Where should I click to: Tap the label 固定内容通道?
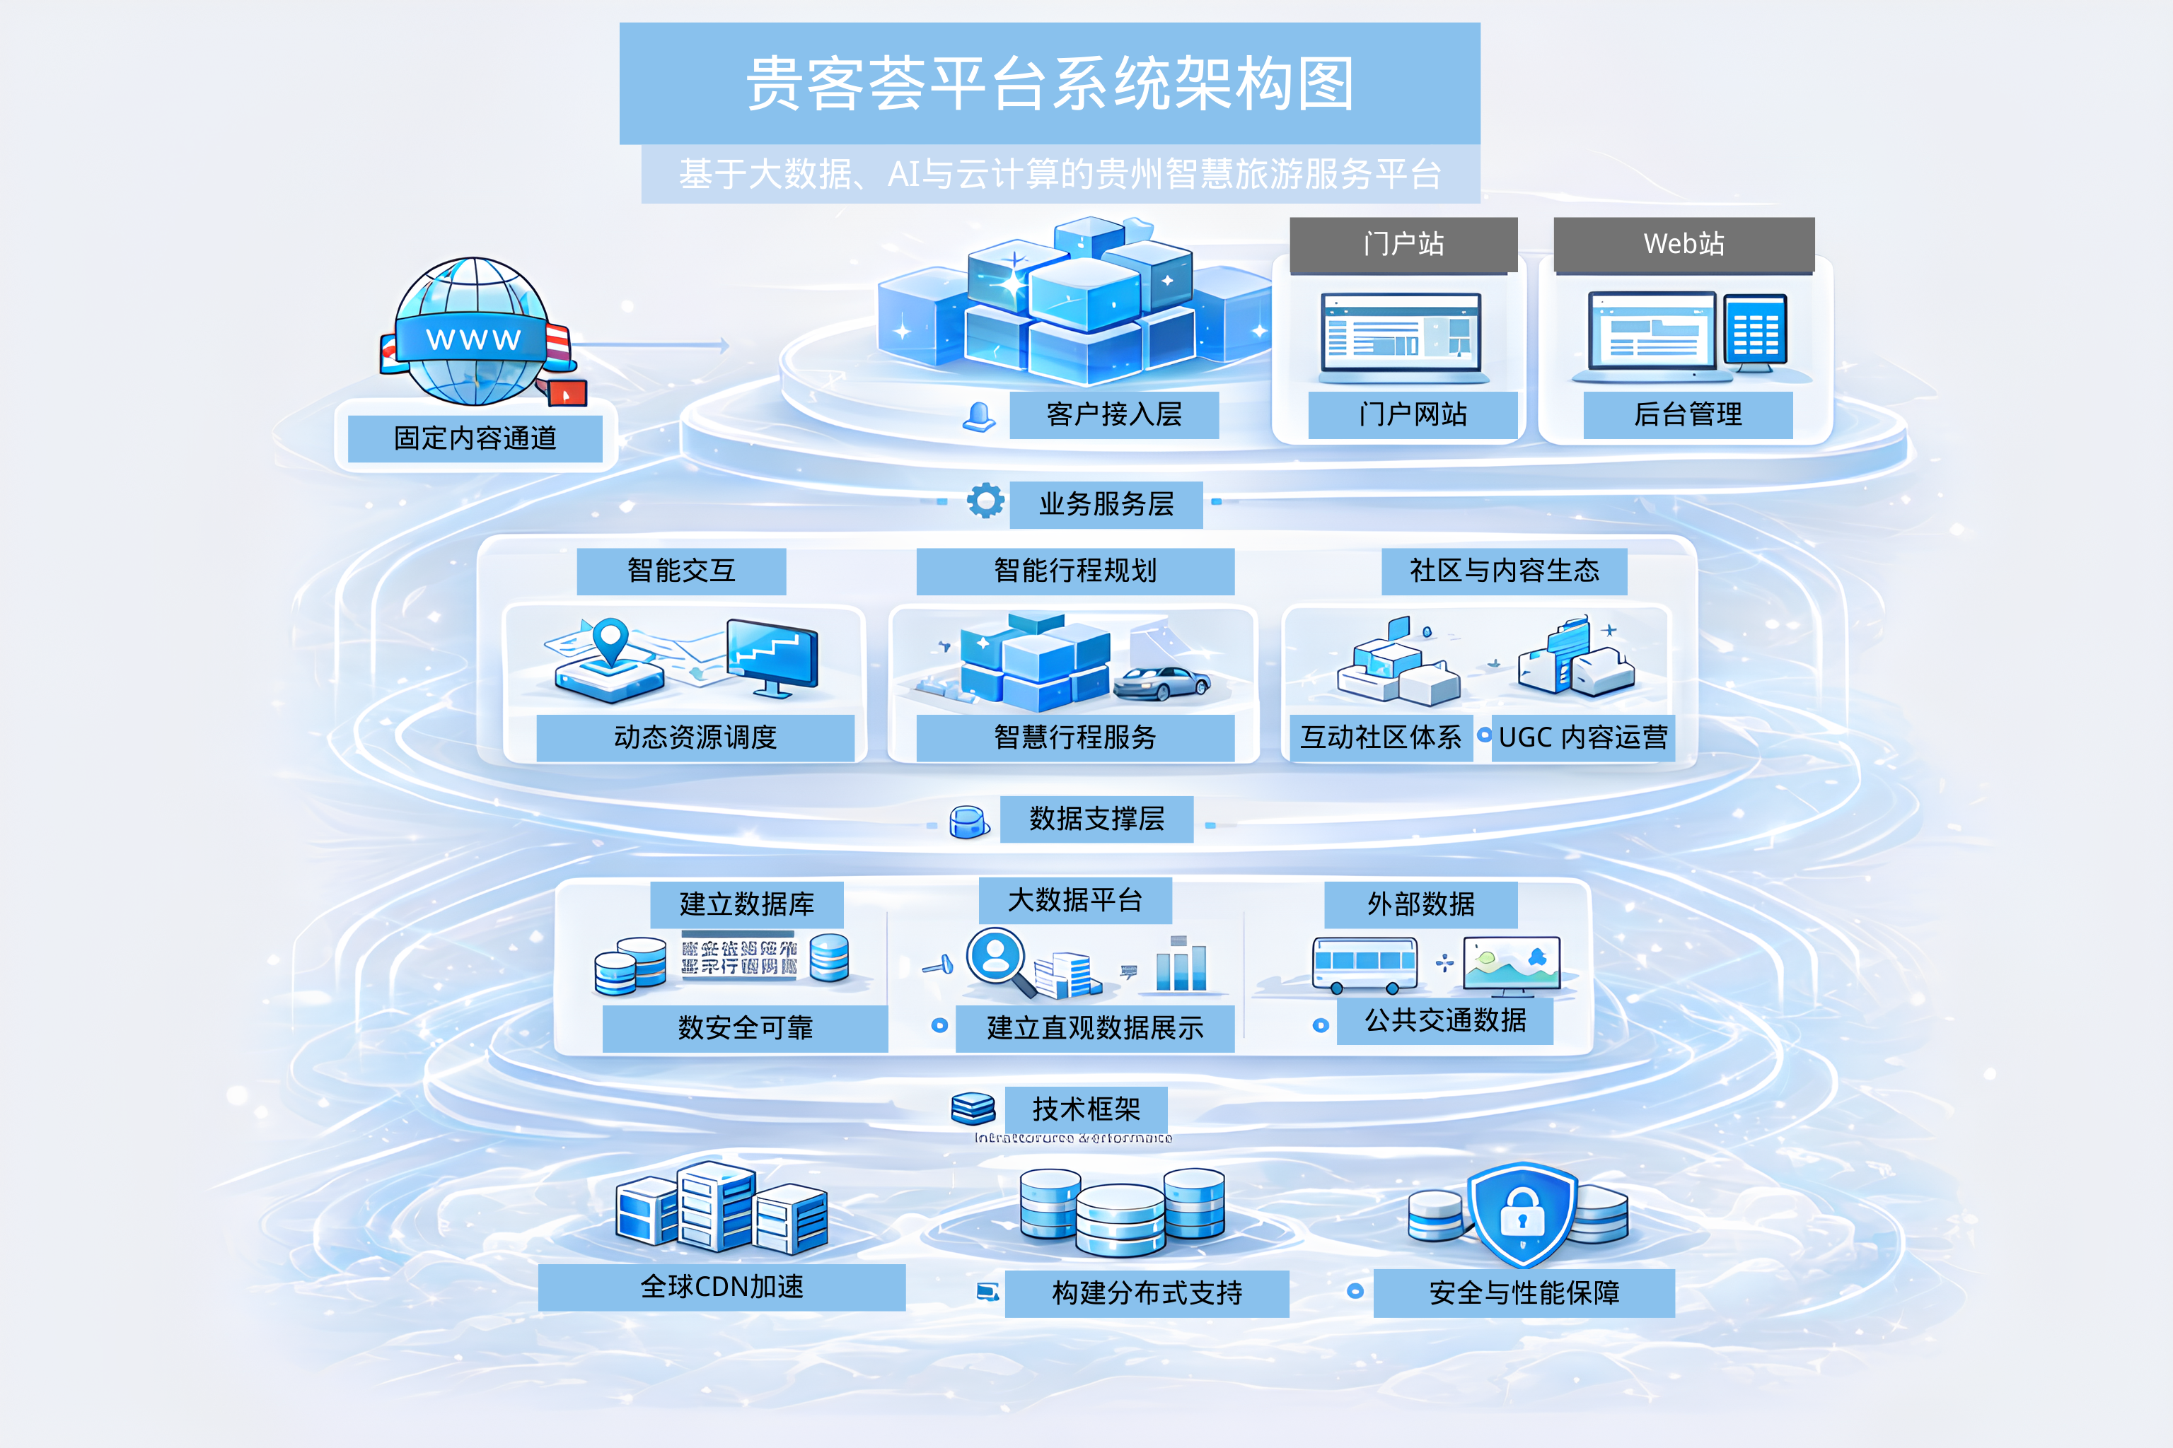(x=475, y=438)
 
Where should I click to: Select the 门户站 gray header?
(x=1403, y=245)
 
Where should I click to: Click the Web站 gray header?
(x=1684, y=245)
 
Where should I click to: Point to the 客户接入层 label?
(x=1113, y=414)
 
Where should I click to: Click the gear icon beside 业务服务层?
(x=985, y=501)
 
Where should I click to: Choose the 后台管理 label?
(x=1687, y=414)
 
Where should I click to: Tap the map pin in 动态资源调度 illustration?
(x=610, y=639)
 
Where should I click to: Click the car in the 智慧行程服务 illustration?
(x=1161, y=684)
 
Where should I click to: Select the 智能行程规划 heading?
(x=1074, y=571)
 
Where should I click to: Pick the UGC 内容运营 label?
(x=1582, y=737)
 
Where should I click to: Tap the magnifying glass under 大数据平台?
(x=999, y=962)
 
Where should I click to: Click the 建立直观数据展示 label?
(x=1095, y=1028)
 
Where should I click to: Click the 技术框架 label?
(x=1086, y=1108)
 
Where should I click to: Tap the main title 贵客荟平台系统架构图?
(x=1050, y=83)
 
